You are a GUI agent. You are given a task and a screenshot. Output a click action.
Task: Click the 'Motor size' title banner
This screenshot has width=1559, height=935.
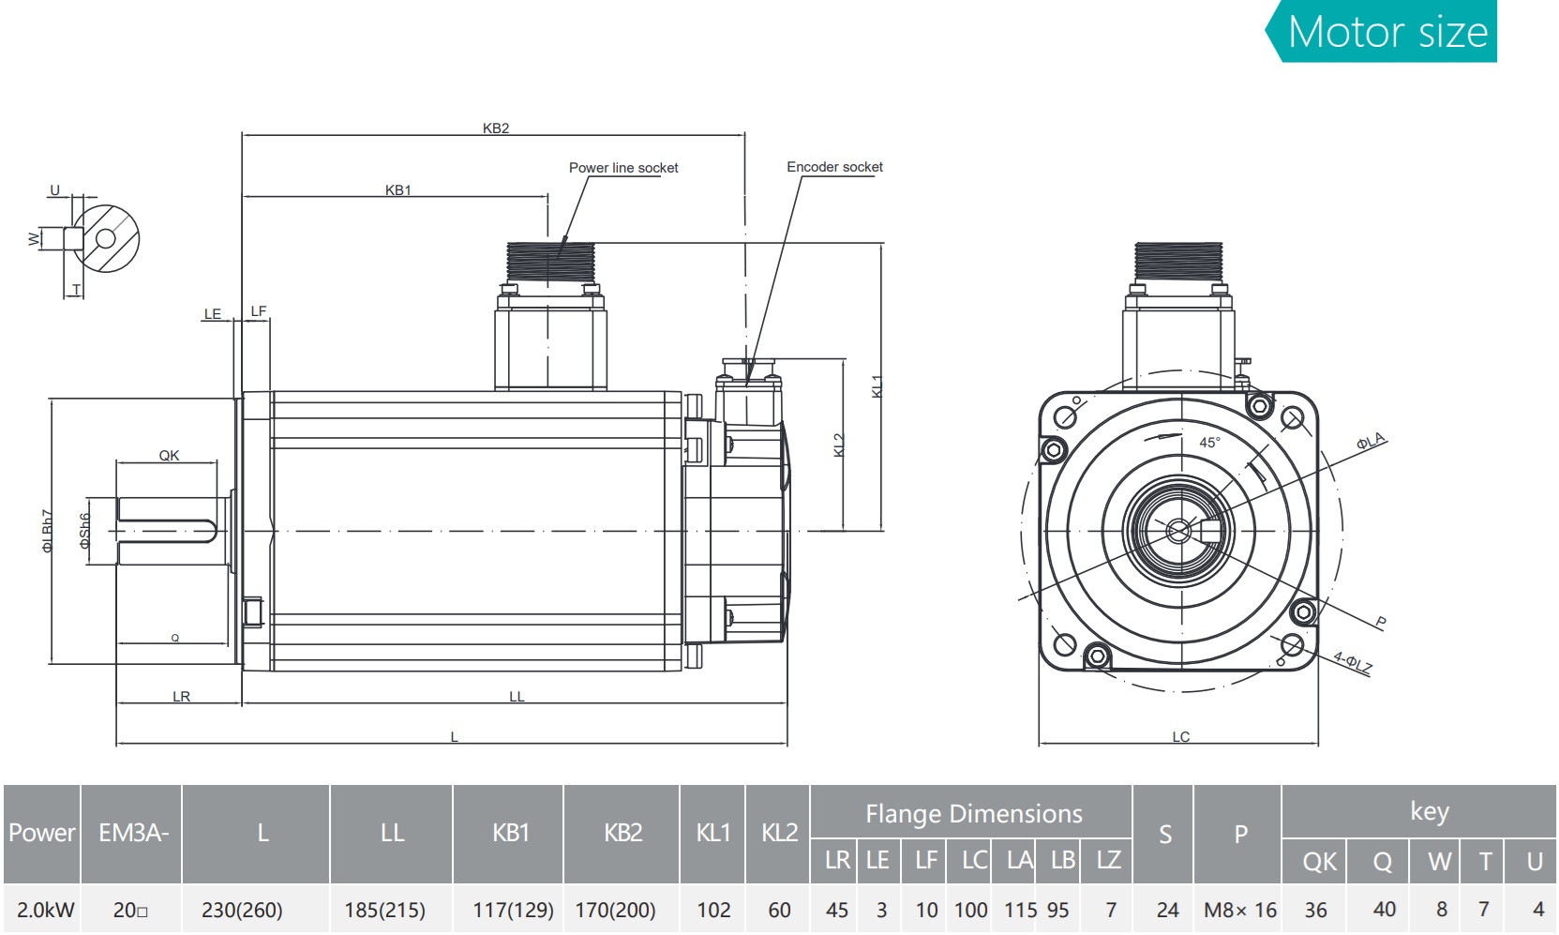1387,32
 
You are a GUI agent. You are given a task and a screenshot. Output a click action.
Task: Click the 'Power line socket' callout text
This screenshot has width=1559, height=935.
623,168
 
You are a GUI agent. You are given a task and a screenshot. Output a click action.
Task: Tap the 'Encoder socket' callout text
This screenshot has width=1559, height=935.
834,167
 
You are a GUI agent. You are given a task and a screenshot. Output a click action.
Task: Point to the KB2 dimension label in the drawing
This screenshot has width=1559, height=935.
496,128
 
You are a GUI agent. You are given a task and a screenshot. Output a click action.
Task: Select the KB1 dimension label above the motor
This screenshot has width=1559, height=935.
398,190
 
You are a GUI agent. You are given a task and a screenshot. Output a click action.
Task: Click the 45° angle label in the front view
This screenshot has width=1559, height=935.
1209,443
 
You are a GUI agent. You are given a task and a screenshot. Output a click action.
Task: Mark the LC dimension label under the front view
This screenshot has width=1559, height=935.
1180,737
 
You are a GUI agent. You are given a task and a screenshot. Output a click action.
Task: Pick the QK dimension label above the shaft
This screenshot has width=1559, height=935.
169,456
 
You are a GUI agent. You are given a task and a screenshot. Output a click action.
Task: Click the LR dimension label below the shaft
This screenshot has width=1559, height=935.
181,697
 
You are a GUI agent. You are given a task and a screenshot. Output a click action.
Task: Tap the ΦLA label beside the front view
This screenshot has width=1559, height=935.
1370,442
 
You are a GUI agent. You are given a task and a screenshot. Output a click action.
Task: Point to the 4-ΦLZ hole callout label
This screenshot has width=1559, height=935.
1353,663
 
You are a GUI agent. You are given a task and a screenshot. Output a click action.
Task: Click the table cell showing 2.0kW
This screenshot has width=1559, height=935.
45,910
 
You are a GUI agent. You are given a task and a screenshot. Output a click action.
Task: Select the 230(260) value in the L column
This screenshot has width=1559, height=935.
242,910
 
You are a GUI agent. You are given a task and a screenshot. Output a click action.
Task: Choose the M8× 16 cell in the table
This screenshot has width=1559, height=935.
1239,910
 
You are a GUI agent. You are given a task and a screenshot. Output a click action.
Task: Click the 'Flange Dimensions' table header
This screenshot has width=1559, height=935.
973,814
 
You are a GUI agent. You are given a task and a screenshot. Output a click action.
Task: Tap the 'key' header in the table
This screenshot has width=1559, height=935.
1429,811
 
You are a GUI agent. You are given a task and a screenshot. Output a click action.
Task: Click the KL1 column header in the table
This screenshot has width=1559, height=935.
712,833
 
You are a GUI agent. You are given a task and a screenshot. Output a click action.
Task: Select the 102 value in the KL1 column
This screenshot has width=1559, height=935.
713,910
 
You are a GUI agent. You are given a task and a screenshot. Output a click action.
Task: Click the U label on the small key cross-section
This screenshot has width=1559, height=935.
54,190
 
